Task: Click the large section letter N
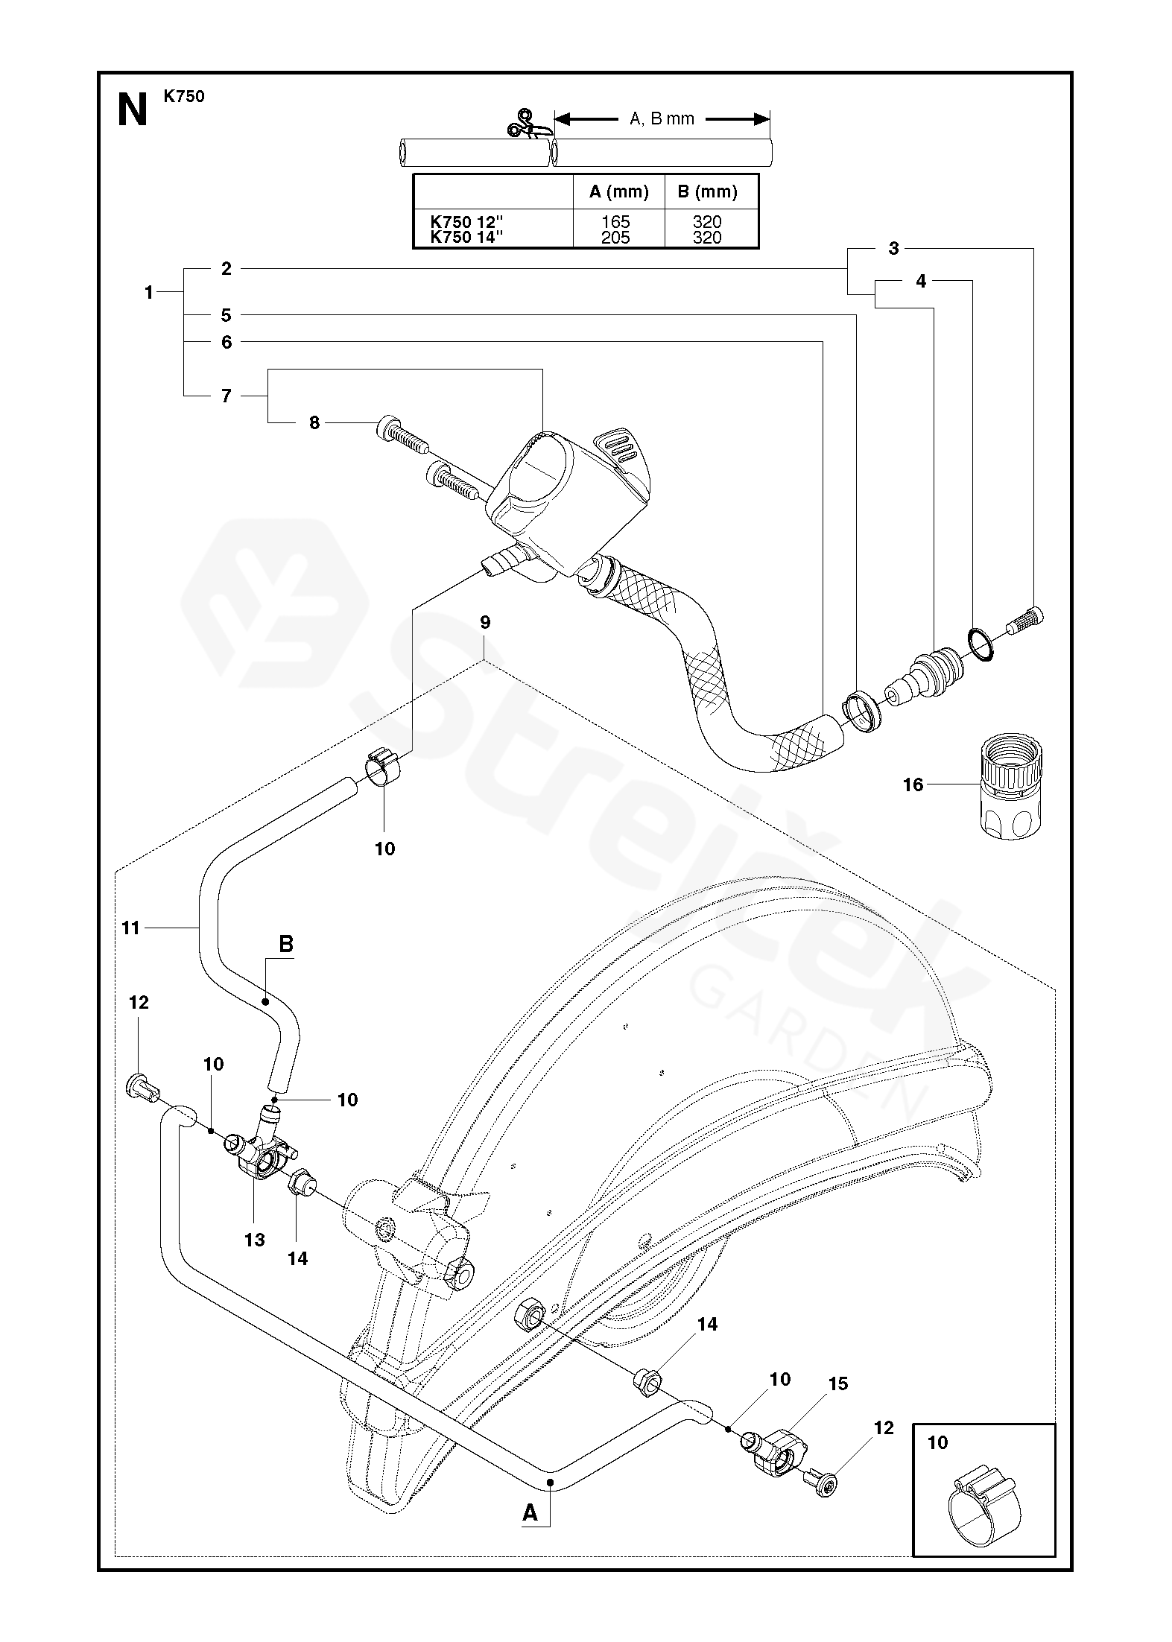(133, 110)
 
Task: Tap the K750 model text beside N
(183, 97)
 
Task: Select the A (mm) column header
(618, 192)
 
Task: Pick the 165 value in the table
(615, 222)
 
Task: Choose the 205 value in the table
(615, 238)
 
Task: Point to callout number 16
(913, 784)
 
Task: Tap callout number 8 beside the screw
(314, 423)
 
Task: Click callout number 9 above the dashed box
(485, 622)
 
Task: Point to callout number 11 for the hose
(130, 928)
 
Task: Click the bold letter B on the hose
(286, 945)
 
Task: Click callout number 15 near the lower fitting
(838, 1383)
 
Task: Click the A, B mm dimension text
(662, 118)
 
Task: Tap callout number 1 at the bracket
(149, 293)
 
